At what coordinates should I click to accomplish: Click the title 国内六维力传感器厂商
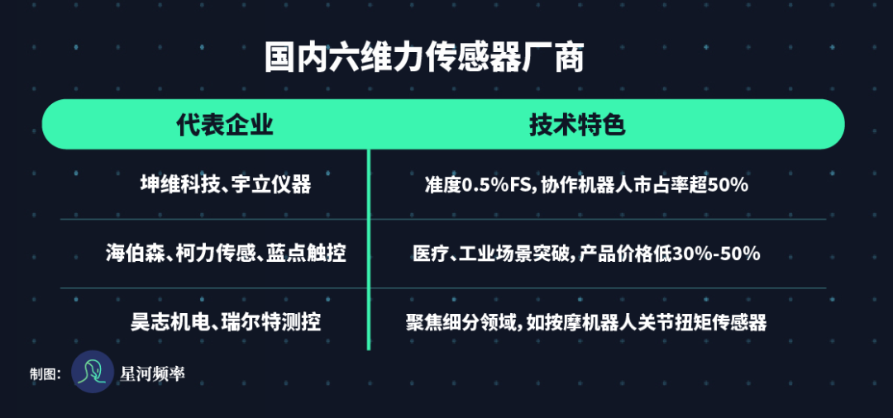pyautogui.click(x=424, y=57)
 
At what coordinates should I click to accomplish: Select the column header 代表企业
pyautogui.click(x=225, y=126)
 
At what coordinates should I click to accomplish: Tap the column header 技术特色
pyautogui.click(x=577, y=126)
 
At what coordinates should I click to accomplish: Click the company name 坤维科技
pyautogui.click(x=180, y=184)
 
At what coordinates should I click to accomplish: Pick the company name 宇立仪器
pyautogui.click(x=272, y=184)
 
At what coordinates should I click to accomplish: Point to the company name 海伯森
pyautogui.click(x=136, y=253)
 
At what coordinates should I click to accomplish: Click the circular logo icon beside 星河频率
pyautogui.click(x=93, y=372)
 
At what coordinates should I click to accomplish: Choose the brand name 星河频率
pyautogui.click(x=153, y=373)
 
